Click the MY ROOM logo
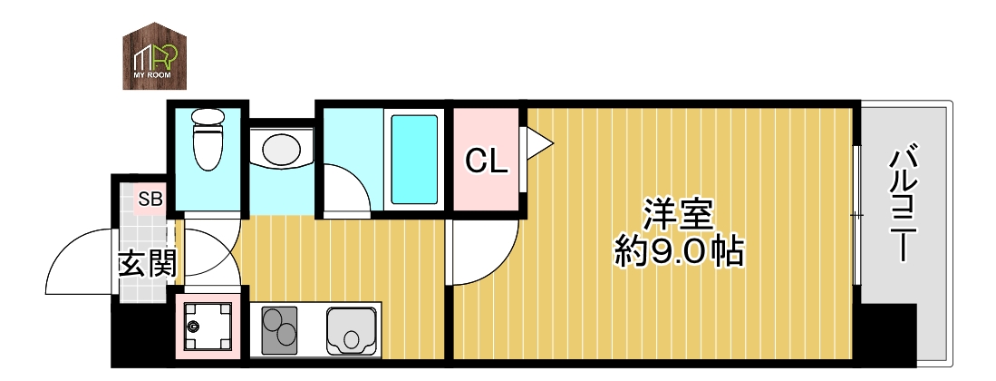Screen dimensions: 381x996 pyautogui.click(x=155, y=56)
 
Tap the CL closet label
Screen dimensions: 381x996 pyautogui.click(x=487, y=161)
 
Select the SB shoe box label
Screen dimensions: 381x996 pyautogui.click(x=150, y=199)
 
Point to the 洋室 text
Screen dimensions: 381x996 pyautogui.click(x=678, y=215)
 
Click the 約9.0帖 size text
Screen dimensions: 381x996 pyautogui.click(x=678, y=251)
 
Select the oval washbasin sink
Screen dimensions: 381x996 pyautogui.click(x=281, y=148)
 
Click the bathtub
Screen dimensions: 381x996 pyautogui.click(x=415, y=160)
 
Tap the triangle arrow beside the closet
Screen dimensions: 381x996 pyautogui.click(x=538, y=142)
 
